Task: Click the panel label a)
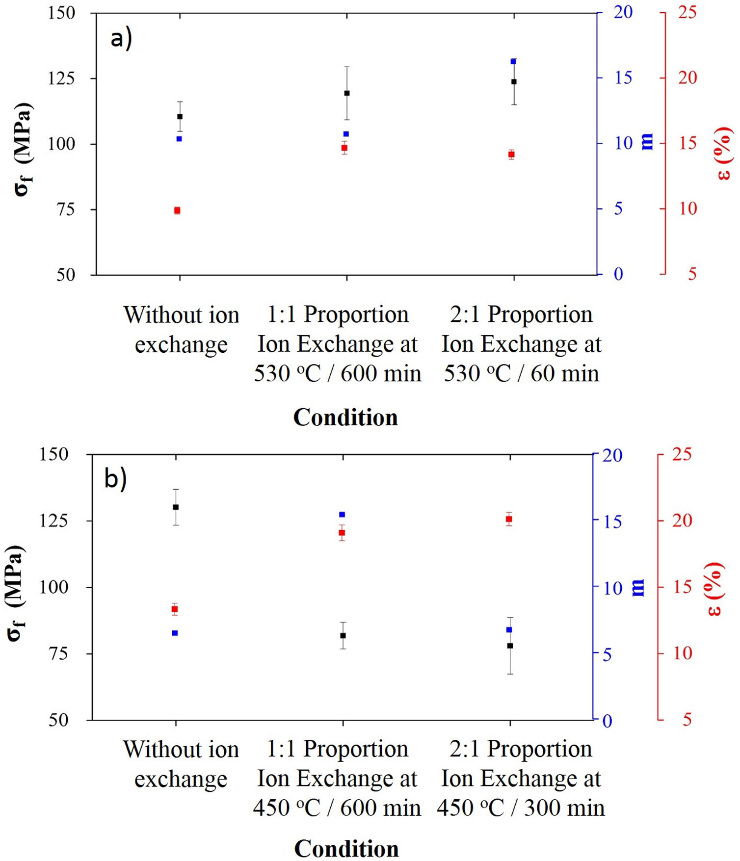(121, 38)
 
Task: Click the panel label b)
(115, 478)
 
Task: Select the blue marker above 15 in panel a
(513, 61)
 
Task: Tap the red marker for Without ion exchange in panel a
(177, 210)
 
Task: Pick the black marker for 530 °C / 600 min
(347, 93)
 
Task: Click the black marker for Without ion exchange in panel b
(176, 507)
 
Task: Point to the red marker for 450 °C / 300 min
(509, 519)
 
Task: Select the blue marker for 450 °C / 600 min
(342, 515)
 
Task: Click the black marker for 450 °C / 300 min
(510, 646)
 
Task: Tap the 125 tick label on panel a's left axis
(61, 78)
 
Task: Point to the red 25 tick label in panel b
(682, 454)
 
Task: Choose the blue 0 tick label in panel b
(607, 721)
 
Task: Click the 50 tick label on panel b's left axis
(58, 720)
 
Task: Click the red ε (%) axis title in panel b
(715, 589)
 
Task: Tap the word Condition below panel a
(345, 417)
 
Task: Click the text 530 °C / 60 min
(521, 374)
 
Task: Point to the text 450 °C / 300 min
(521, 808)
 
